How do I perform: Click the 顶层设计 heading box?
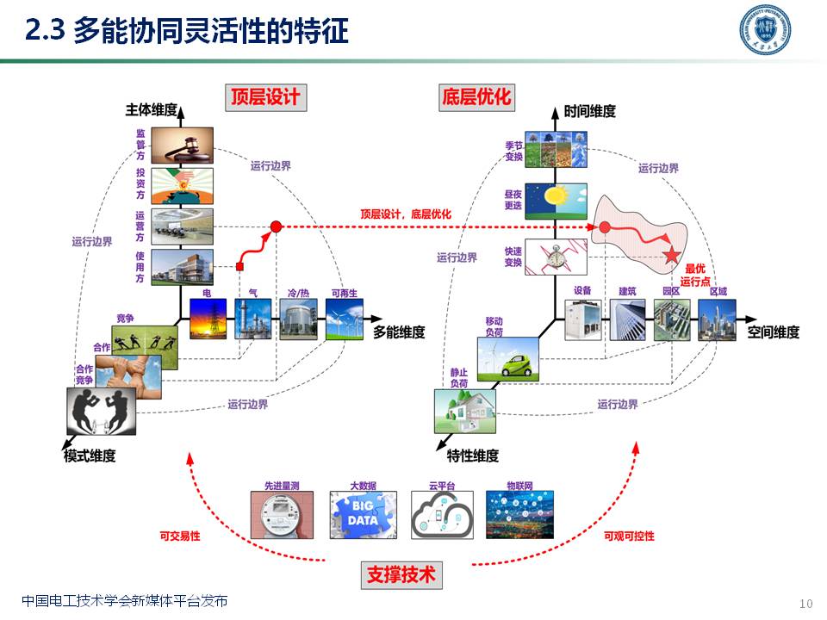[x=265, y=96]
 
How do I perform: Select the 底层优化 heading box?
[x=476, y=96]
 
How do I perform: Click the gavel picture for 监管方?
[x=182, y=146]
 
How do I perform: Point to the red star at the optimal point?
[x=672, y=255]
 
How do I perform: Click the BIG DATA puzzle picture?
[x=363, y=515]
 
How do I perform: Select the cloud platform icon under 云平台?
[x=441, y=515]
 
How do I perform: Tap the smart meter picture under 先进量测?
[x=282, y=515]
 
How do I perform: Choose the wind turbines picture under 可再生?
[x=345, y=319]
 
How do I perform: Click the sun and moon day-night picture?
[x=556, y=200]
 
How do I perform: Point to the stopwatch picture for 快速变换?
[x=556, y=257]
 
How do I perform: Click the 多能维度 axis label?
[x=399, y=332]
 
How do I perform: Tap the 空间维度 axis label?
[x=773, y=332]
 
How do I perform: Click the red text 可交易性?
[x=180, y=536]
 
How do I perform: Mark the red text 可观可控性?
[x=629, y=536]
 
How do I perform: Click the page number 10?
[x=805, y=602]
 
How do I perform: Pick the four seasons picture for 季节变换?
[x=556, y=148]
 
